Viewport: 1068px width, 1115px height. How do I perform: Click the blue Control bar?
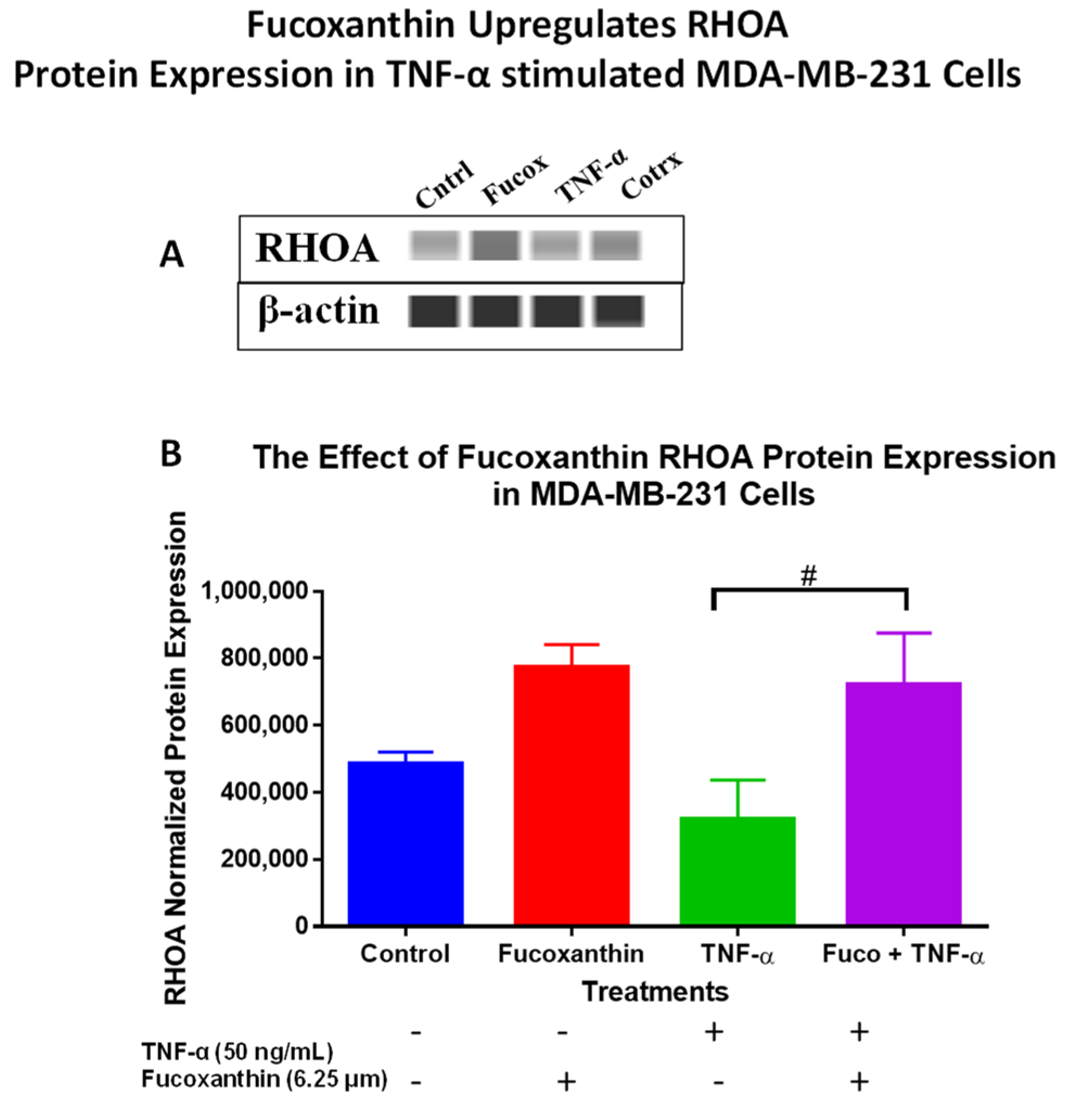[405, 842]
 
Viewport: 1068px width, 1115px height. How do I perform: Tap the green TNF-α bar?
[737, 870]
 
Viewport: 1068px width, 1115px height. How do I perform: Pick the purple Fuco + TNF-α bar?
[903, 803]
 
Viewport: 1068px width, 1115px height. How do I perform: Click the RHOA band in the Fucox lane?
[495, 246]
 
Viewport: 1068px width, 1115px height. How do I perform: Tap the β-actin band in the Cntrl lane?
[434, 312]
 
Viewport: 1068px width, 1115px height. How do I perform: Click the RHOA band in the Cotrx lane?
[616, 246]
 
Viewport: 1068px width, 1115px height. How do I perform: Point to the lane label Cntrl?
[444, 185]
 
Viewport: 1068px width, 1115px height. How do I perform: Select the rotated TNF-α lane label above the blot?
[590, 176]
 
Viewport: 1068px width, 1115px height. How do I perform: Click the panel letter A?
[171, 254]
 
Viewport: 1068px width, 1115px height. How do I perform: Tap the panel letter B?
[171, 454]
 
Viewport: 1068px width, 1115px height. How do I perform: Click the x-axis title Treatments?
[654, 992]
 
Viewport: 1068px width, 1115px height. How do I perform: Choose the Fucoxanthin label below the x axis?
[571, 954]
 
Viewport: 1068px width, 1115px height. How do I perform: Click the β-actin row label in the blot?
[318, 312]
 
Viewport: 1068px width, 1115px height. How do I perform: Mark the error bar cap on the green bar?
[737, 780]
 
